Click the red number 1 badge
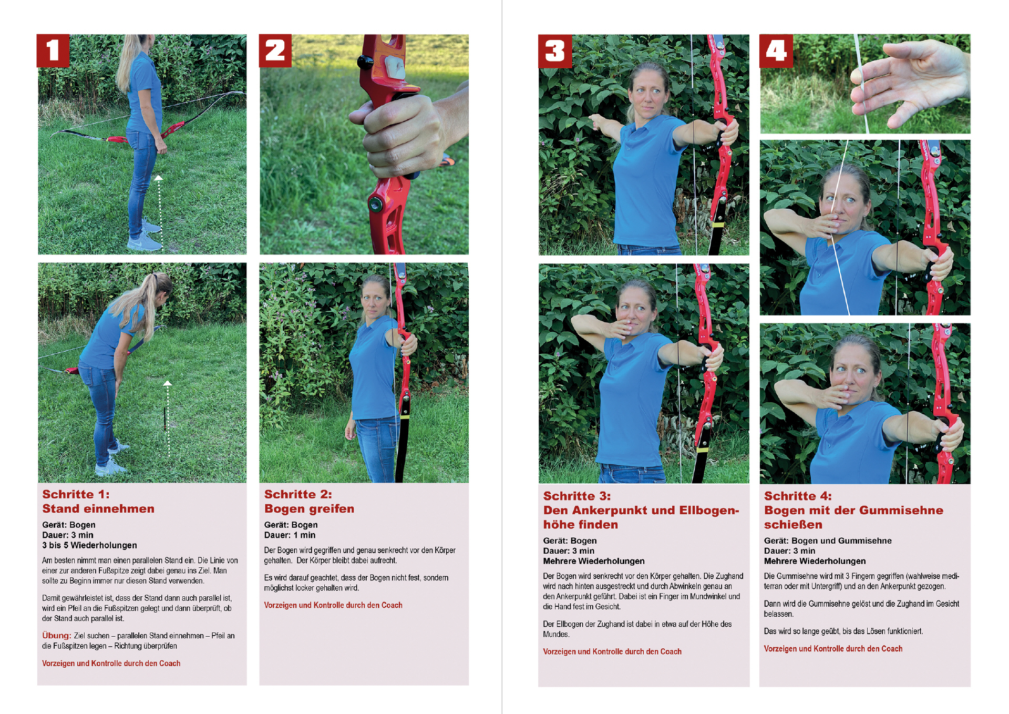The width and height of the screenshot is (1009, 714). (x=53, y=51)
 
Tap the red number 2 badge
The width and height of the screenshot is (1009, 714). (x=275, y=51)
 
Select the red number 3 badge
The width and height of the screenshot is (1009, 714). (x=554, y=51)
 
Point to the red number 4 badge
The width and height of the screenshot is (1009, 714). (x=776, y=51)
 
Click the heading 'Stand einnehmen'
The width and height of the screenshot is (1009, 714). (x=98, y=508)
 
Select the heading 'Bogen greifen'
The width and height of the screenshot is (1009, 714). (x=309, y=508)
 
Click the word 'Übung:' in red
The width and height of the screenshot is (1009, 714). (x=57, y=635)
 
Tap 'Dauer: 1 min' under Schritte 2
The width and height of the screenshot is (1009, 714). (x=290, y=535)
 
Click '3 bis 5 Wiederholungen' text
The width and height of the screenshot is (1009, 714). (x=89, y=545)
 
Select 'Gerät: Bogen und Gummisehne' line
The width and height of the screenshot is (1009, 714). (x=828, y=540)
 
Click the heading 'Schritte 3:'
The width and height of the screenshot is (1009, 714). (x=577, y=496)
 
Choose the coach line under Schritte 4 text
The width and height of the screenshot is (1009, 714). (x=833, y=649)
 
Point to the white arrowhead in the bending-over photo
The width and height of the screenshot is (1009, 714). (x=167, y=384)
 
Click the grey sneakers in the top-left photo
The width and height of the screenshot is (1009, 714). (x=145, y=236)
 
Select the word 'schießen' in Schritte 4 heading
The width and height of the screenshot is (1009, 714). (x=793, y=525)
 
